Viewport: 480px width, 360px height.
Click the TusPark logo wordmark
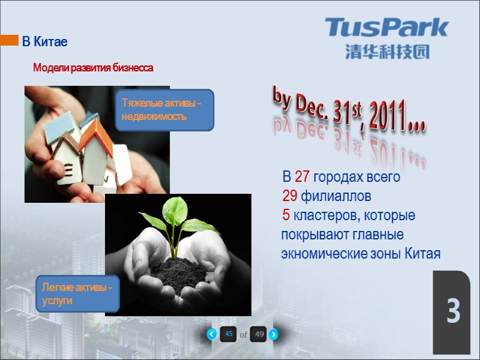click(x=387, y=28)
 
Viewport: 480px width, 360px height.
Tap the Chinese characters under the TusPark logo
click(x=387, y=52)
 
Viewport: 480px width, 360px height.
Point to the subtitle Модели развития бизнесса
click(x=93, y=68)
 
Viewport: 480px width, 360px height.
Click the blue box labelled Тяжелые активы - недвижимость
click(x=164, y=110)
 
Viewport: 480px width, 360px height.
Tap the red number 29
click(x=290, y=196)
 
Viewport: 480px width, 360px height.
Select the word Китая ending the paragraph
click(x=422, y=254)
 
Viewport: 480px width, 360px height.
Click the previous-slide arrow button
click(x=212, y=334)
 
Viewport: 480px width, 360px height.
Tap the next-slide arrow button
click(x=273, y=334)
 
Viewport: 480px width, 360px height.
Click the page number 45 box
click(x=228, y=334)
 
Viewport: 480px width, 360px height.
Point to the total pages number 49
click(x=259, y=334)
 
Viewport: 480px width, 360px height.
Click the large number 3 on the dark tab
click(x=453, y=312)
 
